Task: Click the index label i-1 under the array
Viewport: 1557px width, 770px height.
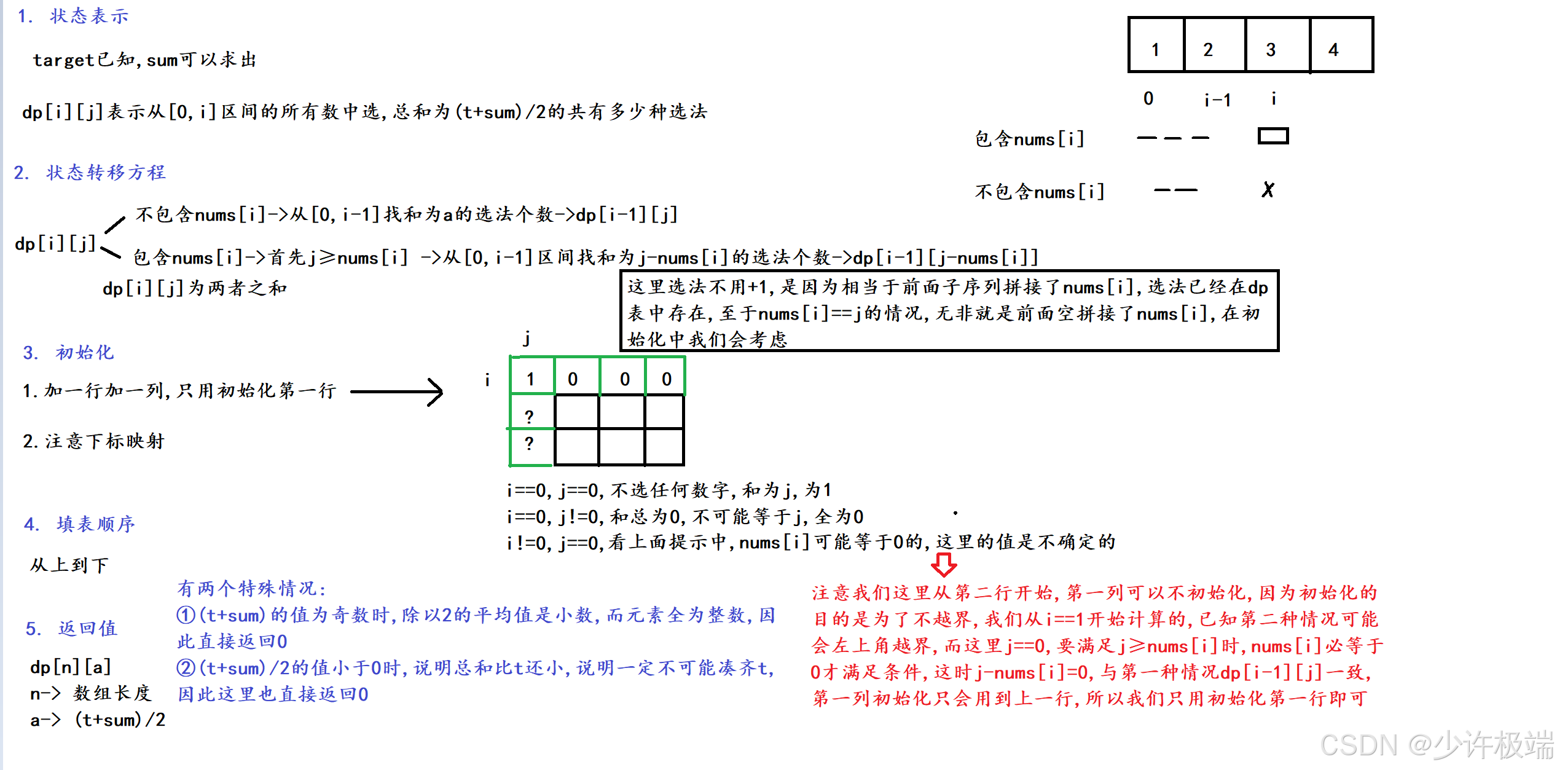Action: click(x=1217, y=100)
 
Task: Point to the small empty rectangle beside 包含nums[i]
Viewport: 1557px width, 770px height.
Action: click(x=1273, y=136)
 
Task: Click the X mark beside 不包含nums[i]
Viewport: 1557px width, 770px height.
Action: click(x=1268, y=190)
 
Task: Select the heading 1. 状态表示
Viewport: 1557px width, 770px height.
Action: click(x=74, y=16)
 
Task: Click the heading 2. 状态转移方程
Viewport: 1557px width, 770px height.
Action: click(x=90, y=172)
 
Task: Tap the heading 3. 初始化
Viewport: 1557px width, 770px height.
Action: click(x=69, y=352)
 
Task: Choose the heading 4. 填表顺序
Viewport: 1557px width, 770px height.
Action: click(x=79, y=524)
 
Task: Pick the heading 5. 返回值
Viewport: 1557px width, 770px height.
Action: click(x=71, y=628)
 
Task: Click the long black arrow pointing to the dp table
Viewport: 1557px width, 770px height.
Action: click(x=396, y=391)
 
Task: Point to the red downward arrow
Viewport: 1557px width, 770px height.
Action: click(x=943, y=564)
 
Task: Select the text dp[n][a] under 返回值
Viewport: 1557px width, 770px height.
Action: click(x=71, y=667)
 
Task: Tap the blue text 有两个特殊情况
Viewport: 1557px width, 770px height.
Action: click(x=251, y=588)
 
